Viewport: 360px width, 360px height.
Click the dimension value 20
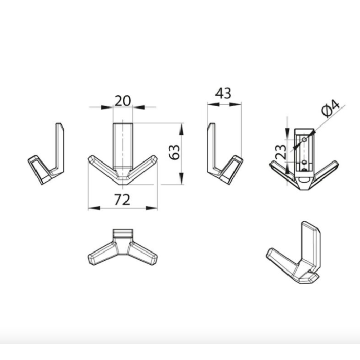[122, 101]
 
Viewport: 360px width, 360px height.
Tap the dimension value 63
[174, 152]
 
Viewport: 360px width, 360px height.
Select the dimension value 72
[122, 200]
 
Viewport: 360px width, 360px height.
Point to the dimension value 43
[223, 93]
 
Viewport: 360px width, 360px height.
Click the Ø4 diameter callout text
[331, 109]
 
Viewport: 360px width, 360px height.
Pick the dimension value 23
[281, 152]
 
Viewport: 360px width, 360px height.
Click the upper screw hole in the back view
[304, 139]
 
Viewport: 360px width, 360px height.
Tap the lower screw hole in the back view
[304, 163]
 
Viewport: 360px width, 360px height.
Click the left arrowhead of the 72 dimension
[94, 208]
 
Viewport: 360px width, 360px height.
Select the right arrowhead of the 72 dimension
[152, 208]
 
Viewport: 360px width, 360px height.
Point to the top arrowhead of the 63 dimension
[182, 129]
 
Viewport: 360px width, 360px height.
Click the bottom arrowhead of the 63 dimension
[182, 178]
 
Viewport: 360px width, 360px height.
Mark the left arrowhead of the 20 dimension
[107, 107]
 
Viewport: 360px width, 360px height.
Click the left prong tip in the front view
[90, 158]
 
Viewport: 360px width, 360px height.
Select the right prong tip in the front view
[156, 158]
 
